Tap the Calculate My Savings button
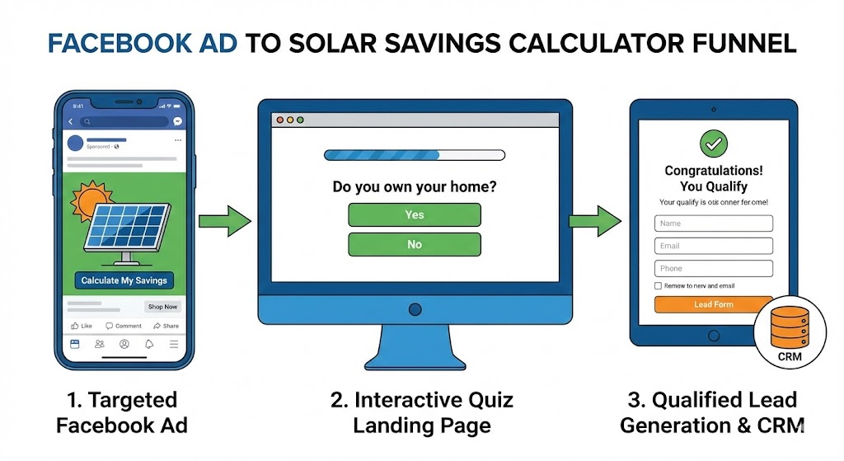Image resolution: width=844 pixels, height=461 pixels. coord(124,280)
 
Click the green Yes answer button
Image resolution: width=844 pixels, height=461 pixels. coord(414,214)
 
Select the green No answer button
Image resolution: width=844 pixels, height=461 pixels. coord(414,244)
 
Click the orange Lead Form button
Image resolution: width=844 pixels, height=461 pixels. coord(713,304)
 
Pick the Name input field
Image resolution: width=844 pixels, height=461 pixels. coord(713,223)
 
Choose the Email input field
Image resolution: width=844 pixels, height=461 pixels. coord(713,246)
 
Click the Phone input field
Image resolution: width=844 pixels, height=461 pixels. coord(713,268)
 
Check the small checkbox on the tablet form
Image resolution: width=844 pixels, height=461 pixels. coord(658,286)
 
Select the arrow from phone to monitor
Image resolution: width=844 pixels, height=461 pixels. coord(225,220)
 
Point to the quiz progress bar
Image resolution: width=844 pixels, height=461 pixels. coord(414,154)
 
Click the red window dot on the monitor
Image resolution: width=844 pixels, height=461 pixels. coord(279,120)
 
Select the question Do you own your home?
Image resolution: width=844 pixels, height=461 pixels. coord(414,186)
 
